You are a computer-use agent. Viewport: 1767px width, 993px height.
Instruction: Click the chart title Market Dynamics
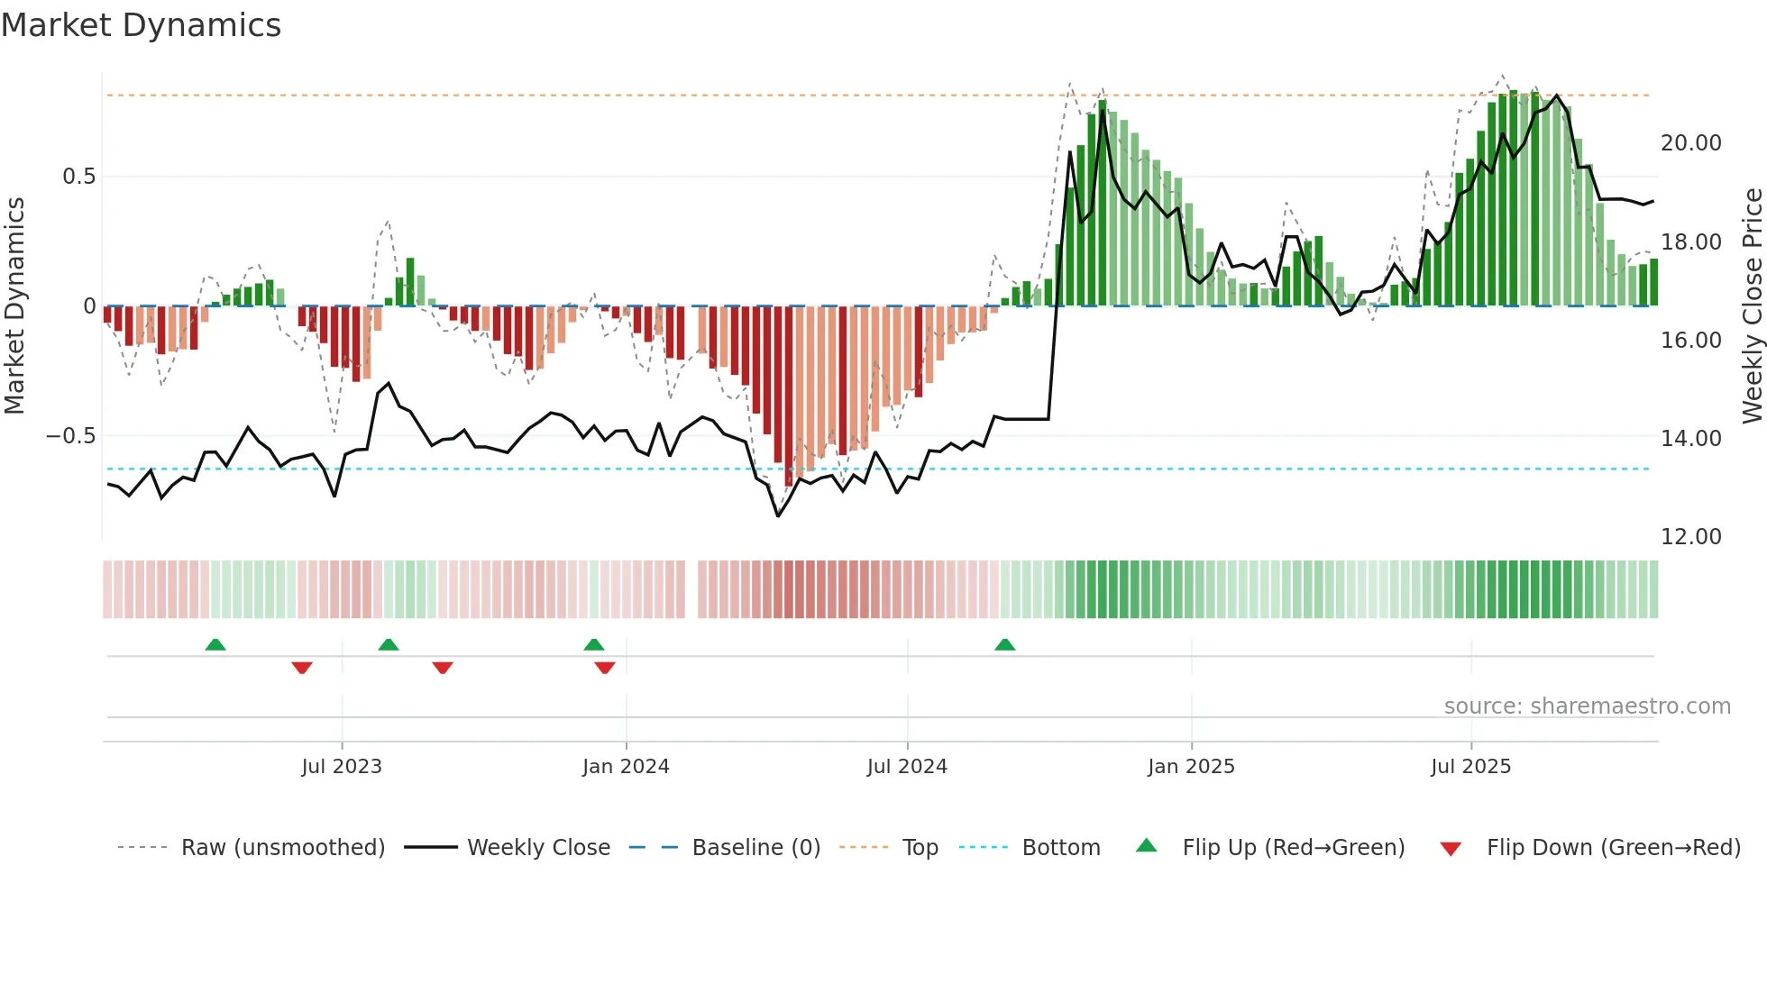coord(141,25)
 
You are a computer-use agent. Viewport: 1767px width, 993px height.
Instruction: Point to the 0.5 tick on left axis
coord(78,177)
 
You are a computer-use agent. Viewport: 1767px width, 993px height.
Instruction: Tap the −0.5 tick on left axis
coord(70,436)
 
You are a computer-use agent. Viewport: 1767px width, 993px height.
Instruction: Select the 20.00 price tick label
coord(1690,143)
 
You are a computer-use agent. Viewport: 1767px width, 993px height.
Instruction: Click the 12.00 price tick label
coord(1690,537)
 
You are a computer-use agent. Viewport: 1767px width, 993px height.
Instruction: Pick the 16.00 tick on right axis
coord(1690,341)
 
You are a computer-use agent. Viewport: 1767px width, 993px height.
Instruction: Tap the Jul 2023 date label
coord(342,767)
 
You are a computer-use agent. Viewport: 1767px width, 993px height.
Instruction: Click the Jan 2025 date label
coord(1191,767)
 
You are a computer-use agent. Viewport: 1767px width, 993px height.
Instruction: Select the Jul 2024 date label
coord(907,767)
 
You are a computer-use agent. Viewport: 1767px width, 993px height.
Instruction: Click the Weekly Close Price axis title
coord(1752,305)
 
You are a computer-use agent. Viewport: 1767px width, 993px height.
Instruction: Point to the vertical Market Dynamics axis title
coord(14,305)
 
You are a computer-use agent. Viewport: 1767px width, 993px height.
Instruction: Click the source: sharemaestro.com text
coord(1587,706)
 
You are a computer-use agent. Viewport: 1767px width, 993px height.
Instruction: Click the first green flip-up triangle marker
coord(215,645)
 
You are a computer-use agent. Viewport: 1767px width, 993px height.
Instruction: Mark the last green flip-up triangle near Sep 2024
coord(1004,645)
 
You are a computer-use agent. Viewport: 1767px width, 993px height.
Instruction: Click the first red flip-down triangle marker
coord(302,667)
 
